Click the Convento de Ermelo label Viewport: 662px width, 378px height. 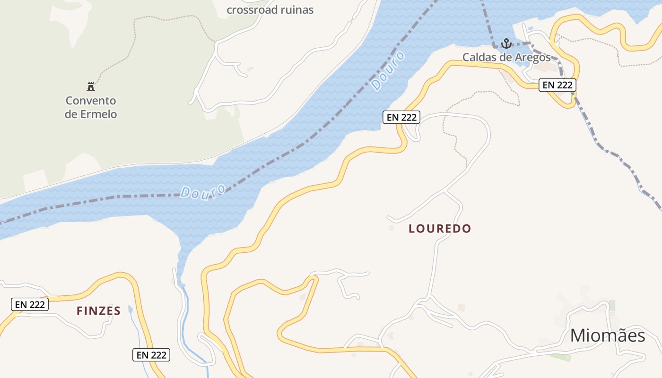click(x=91, y=107)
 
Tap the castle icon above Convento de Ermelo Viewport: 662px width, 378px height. click(x=91, y=86)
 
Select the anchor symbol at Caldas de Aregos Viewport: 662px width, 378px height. click(x=506, y=44)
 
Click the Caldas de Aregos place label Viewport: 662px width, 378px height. click(x=506, y=58)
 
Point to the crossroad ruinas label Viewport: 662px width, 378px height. click(x=270, y=9)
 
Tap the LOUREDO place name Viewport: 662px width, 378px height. click(x=440, y=229)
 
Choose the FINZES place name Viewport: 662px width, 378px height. click(x=99, y=311)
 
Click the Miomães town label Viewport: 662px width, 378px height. click(x=607, y=335)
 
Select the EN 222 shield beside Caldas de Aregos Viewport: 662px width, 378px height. click(x=557, y=85)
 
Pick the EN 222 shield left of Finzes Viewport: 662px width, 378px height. click(x=29, y=305)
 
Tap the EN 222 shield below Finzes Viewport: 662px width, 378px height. click(x=151, y=355)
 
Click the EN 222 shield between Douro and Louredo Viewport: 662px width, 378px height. click(x=401, y=117)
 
